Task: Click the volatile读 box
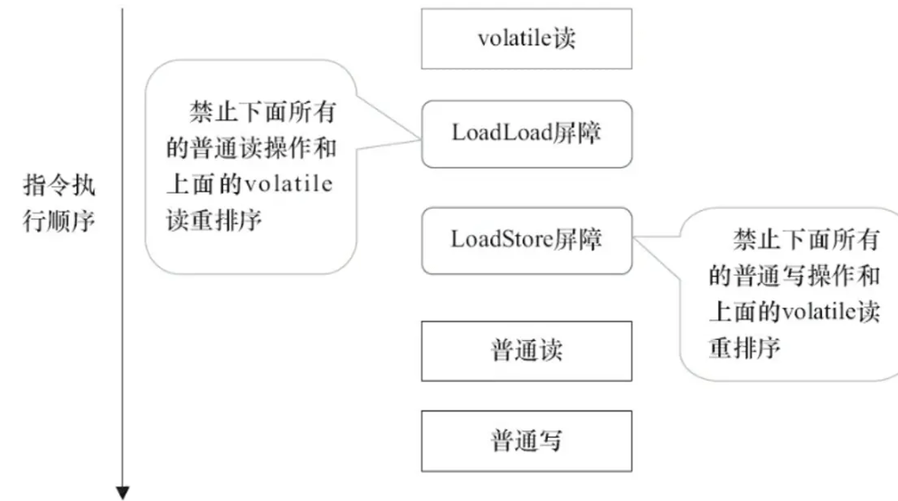(x=526, y=39)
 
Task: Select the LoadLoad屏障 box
(x=526, y=133)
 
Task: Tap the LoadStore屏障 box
(x=526, y=240)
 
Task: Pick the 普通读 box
(x=526, y=349)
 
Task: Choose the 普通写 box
(x=526, y=440)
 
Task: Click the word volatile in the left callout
(x=288, y=186)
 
